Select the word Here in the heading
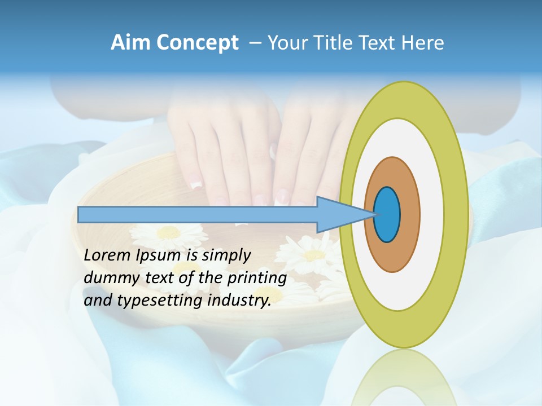point(423,43)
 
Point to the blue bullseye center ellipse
point(387,215)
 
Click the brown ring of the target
point(409,215)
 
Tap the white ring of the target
point(432,215)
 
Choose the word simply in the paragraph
point(226,255)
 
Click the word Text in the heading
point(380,43)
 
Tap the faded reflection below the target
point(404,378)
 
